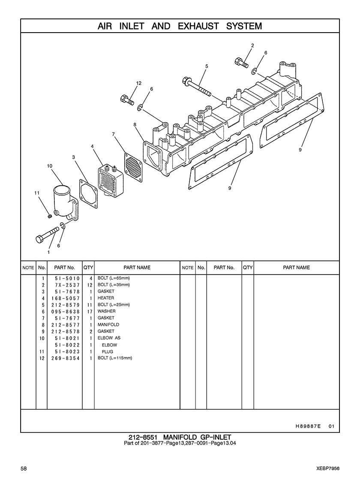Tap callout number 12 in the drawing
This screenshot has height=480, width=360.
tap(138, 83)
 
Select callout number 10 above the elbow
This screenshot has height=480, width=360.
tap(50, 166)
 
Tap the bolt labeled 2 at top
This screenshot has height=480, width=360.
tap(241, 62)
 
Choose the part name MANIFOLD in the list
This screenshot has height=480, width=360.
tap(108, 325)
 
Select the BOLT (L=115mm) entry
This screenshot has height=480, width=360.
tap(115, 358)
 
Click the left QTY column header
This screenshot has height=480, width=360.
tap(88, 268)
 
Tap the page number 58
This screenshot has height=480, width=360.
tap(24, 468)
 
